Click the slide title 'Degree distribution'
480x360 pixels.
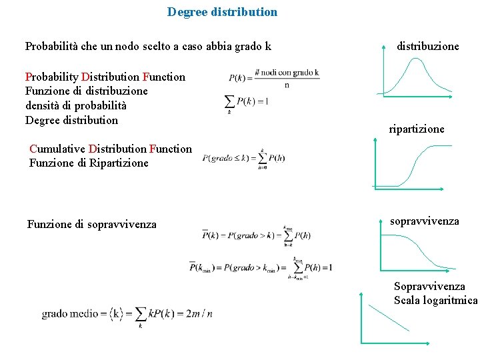(x=222, y=12)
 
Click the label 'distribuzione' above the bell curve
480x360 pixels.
(x=427, y=47)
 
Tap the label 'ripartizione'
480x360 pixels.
(x=417, y=129)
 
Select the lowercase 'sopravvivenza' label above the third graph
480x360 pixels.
(x=425, y=221)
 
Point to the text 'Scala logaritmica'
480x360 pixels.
(x=435, y=300)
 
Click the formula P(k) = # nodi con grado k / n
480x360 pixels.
(x=274, y=78)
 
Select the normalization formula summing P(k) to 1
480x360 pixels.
(x=246, y=102)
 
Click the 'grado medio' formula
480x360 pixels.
(x=127, y=313)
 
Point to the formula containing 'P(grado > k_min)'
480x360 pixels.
(x=261, y=268)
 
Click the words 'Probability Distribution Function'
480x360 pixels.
(x=105, y=77)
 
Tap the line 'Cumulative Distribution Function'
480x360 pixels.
(x=110, y=149)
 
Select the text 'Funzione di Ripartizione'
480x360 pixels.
(x=89, y=163)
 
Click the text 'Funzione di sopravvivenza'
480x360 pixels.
(x=92, y=225)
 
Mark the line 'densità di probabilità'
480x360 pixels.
(x=76, y=105)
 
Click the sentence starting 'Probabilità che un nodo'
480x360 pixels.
(x=148, y=47)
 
